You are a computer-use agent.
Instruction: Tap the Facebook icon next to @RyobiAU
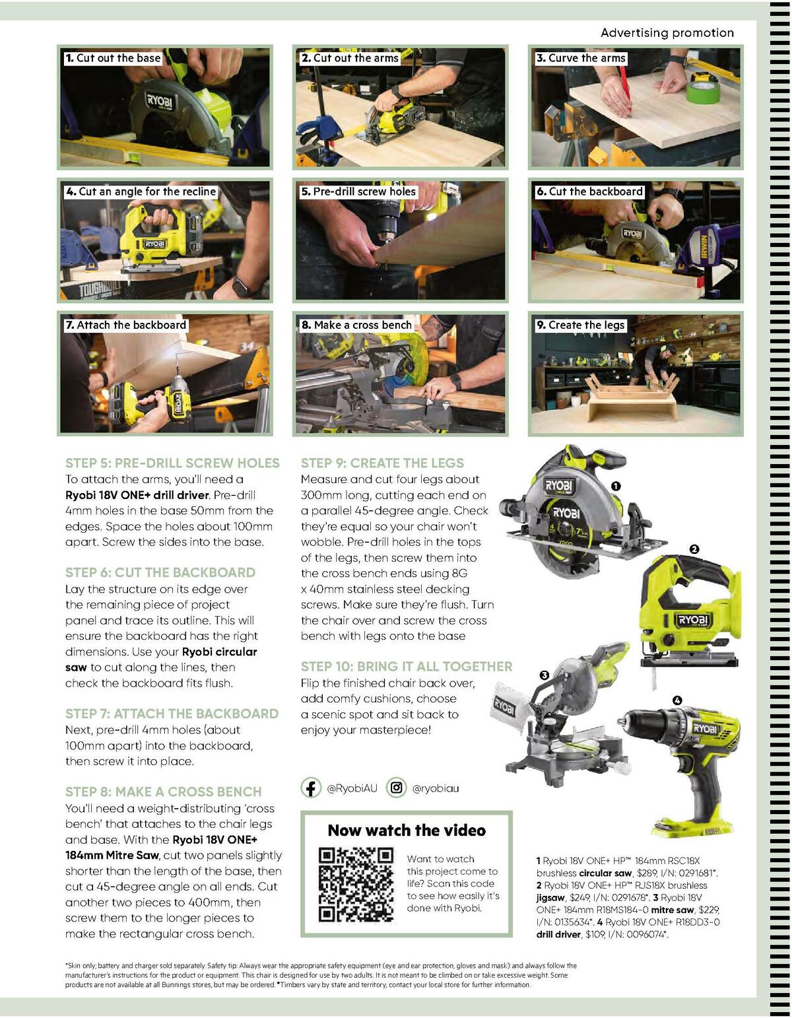[x=312, y=788]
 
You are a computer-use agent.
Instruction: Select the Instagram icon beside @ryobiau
[x=396, y=788]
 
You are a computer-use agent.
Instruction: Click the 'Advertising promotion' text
[x=667, y=33]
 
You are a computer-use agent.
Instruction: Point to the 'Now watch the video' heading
[x=407, y=831]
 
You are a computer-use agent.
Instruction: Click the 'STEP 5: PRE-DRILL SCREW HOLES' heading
[x=172, y=463]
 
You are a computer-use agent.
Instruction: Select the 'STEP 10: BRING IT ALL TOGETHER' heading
[x=407, y=666]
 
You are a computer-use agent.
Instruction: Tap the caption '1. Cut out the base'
[x=113, y=58]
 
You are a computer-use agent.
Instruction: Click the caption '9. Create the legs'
[x=580, y=325]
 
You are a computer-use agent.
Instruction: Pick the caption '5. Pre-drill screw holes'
[x=358, y=191]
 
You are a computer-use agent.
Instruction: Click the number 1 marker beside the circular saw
[x=616, y=486]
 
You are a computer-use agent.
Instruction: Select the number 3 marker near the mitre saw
[x=544, y=675]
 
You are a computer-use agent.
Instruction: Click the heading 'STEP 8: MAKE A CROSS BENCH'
[x=163, y=792]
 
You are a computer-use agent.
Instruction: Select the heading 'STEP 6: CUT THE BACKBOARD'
[x=160, y=572]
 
